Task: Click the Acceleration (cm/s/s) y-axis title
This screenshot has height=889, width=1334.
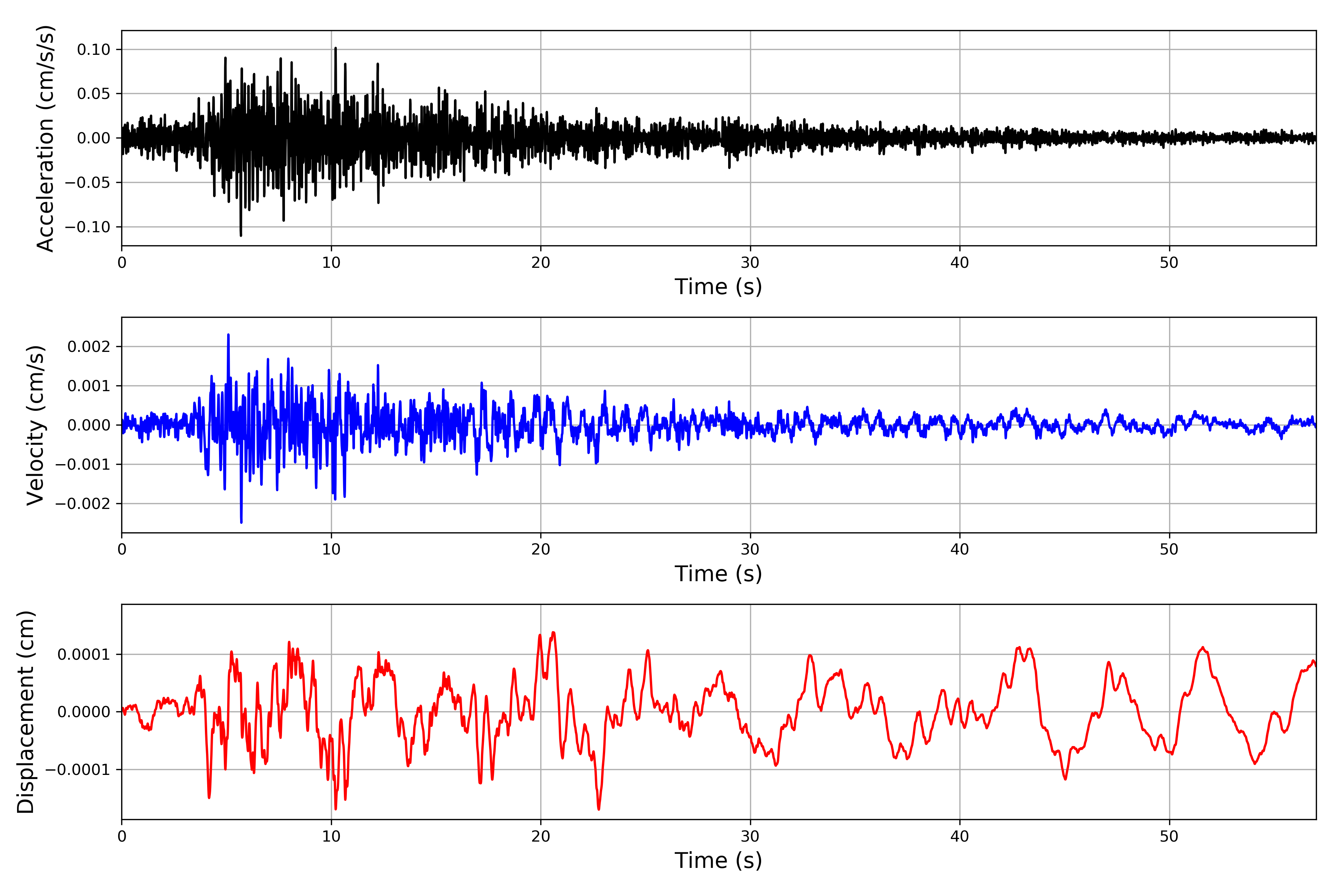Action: (x=45, y=138)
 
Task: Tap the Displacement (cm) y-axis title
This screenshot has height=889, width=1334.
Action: (x=26, y=712)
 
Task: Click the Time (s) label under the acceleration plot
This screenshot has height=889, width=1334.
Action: (x=718, y=287)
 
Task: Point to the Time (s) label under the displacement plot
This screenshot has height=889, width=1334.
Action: (x=718, y=860)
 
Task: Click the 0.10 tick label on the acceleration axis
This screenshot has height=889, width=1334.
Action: (x=94, y=50)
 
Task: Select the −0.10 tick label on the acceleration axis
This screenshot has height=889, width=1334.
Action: (x=87, y=227)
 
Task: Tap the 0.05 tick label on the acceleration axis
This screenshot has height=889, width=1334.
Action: (x=94, y=94)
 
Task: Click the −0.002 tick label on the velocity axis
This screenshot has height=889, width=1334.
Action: (x=83, y=503)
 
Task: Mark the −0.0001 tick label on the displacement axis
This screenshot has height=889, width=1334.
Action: (x=78, y=769)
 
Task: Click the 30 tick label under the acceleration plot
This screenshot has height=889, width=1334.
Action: (x=750, y=263)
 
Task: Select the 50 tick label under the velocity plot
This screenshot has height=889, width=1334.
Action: (x=1169, y=549)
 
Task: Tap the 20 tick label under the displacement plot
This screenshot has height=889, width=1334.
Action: (x=541, y=836)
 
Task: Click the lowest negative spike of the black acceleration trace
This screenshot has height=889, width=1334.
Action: (x=241, y=235)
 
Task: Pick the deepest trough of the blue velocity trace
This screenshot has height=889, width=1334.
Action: (x=242, y=522)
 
